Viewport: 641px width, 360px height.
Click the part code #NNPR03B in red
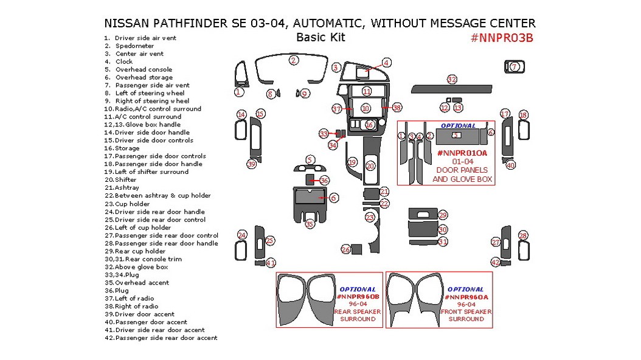pos(502,38)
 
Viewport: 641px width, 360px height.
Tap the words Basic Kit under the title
pos(320,37)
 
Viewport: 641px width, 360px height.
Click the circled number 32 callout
pos(451,80)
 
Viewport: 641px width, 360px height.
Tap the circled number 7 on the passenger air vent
pos(514,67)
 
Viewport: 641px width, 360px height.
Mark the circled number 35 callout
pos(310,224)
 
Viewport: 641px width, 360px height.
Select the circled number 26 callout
pos(345,250)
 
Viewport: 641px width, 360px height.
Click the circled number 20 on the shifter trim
pos(370,165)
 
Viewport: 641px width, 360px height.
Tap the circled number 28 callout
pos(522,236)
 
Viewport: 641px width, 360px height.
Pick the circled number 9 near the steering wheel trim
pos(304,94)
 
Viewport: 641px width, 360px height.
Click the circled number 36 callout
pos(324,181)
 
